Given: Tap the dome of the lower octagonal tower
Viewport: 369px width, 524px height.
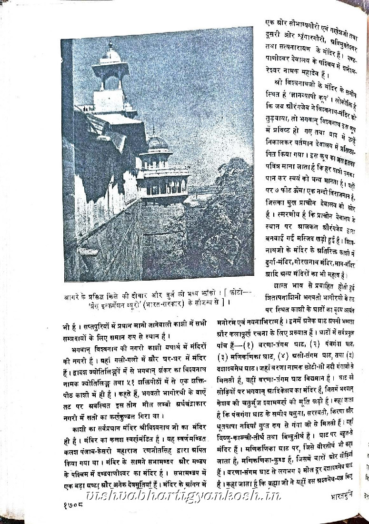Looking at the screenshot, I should tap(157, 143).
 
